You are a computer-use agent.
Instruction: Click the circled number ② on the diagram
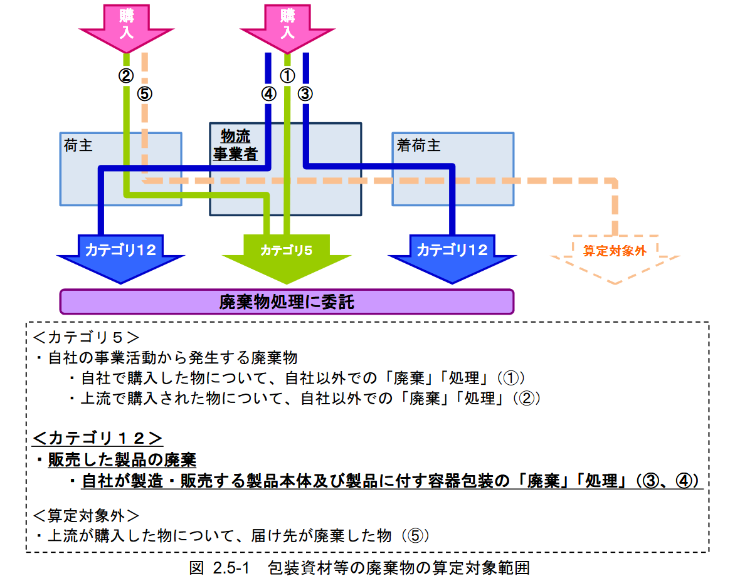click(x=126, y=76)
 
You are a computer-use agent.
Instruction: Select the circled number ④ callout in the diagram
click(x=268, y=94)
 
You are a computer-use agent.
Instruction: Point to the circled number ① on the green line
click(x=287, y=76)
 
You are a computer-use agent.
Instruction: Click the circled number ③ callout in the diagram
click(x=305, y=94)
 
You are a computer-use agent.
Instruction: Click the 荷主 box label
click(x=78, y=145)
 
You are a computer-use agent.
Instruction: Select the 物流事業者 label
click(x=236, y=145)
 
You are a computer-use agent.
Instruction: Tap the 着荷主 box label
click(x=418, y=145)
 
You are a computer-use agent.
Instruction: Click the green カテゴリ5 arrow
click(x=286, y=254)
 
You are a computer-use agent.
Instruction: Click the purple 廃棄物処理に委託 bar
click(x=287, y=302)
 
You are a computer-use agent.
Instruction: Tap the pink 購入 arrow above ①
click(x=287, y=24)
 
